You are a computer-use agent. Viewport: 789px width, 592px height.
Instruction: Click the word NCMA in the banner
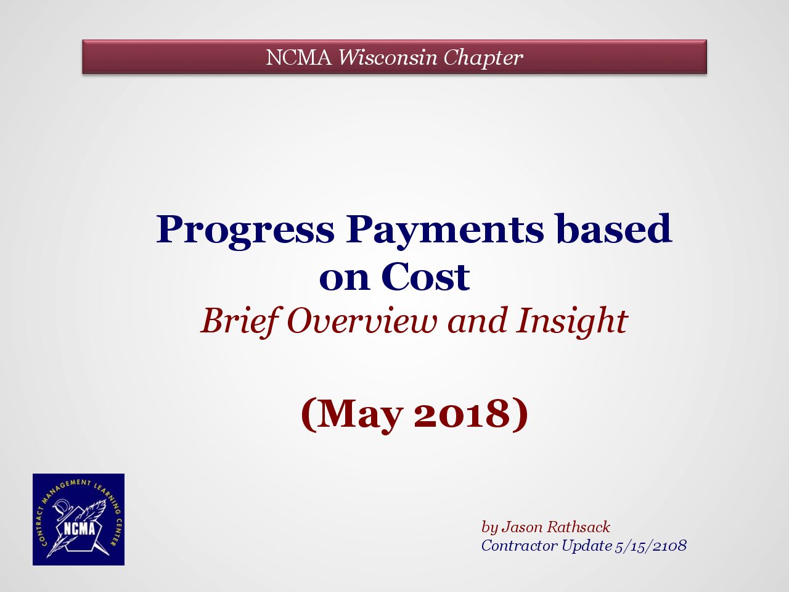299,57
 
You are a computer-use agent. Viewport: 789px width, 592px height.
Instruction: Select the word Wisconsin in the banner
388,57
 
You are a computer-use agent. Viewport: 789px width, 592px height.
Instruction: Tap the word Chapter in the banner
483,57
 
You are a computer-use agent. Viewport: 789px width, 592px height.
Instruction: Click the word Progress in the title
245,231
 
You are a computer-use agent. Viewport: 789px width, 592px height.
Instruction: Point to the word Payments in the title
444,231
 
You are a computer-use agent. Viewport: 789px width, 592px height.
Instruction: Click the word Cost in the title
425,276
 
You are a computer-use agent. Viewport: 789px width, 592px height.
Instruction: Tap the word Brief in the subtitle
240,321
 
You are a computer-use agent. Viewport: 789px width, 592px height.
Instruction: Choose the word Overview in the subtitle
362,321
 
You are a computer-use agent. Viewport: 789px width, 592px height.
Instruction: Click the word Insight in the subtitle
572,322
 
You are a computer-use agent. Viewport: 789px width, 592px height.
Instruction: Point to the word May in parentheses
359,414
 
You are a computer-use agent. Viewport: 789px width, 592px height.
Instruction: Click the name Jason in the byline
522,527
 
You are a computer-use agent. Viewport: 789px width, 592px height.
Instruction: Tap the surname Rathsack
578,527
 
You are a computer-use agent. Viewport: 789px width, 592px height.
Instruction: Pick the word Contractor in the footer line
519,546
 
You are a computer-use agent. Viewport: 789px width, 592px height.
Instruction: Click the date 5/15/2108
650,546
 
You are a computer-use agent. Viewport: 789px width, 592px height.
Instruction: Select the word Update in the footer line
586,546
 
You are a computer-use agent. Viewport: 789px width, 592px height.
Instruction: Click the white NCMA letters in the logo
80,529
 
